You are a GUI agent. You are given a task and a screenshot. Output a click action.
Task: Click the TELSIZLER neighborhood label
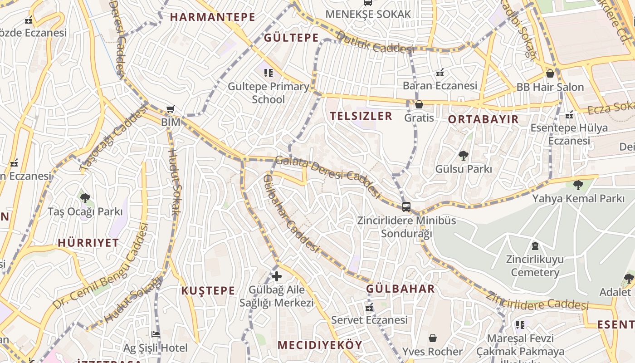[361, 116]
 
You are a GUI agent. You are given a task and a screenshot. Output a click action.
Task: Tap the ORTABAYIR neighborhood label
[483, 119]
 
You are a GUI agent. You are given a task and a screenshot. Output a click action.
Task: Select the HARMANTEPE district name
[213, 17]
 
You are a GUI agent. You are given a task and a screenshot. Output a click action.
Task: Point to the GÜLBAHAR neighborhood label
[401, 289]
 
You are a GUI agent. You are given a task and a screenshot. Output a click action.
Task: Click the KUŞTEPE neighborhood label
[208, 291]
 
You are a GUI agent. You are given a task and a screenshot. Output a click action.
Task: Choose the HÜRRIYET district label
[88, 243]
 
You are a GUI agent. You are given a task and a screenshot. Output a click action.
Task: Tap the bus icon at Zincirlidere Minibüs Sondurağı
[406, 207]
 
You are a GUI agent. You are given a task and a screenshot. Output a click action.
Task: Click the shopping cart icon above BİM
[171, 109]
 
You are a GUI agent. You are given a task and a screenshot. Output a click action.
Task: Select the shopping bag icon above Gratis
[419, 104]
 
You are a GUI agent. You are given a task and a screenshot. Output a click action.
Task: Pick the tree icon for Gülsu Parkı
[463, 156]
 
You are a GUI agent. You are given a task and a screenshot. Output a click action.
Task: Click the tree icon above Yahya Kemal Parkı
[578, 185]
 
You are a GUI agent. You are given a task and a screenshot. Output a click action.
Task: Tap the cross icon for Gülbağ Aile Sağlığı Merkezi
[277, 276]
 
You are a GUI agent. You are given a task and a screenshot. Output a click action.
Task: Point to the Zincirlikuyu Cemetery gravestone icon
[535, 246]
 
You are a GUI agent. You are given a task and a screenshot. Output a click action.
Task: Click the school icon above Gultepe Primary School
[269, 73]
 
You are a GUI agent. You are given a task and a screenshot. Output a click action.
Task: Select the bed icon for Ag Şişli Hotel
[156, 334]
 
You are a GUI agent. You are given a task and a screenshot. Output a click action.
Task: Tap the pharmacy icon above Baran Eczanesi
[440, 72]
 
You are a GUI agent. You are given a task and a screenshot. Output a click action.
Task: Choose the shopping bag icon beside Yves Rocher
[433, 338]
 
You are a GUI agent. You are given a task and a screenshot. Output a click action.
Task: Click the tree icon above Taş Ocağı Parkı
[85, 198]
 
